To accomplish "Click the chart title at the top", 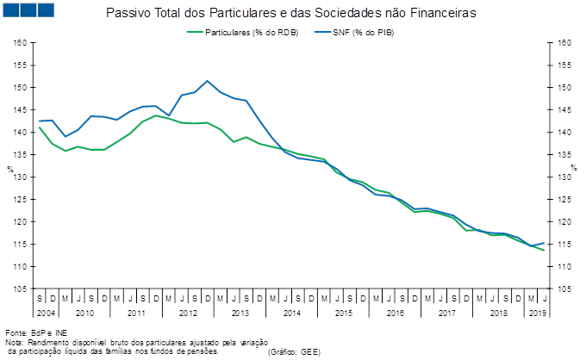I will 293,13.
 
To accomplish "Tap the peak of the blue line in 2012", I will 208,81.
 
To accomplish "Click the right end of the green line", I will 545,251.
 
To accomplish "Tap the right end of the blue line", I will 545,243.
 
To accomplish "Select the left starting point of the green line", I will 40,127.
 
